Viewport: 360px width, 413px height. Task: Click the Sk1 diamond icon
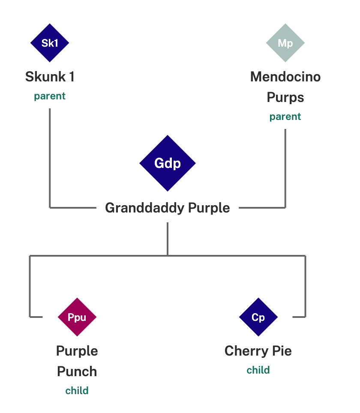click(50, 43)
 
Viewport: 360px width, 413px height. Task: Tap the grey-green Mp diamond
click(285, 43)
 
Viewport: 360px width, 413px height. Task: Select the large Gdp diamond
click(168, 163)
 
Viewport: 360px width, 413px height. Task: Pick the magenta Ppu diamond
click(77, 317)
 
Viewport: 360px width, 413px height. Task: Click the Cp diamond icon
click(258, 317)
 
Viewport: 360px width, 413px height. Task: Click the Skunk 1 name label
click(50, 77)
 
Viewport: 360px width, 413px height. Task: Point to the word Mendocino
click(285, 77)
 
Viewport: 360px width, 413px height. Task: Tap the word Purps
click(285, 97)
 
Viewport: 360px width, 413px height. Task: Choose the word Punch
click(77, 371)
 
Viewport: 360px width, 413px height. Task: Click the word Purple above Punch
click(77, 351)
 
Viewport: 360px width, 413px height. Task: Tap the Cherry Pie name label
click(258, 351)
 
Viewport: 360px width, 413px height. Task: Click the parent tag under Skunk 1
click(50, 96)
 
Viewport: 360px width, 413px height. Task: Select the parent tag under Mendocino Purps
click(285, 117)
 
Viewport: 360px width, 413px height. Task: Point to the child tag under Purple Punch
click(77, 391)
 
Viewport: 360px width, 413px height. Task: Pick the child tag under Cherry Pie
click(258, 370)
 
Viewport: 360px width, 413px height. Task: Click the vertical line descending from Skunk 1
click(50, 159)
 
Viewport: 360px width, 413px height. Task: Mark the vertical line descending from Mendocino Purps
click(285, 169)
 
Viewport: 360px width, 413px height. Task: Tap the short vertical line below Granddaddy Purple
click(168, 239)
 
